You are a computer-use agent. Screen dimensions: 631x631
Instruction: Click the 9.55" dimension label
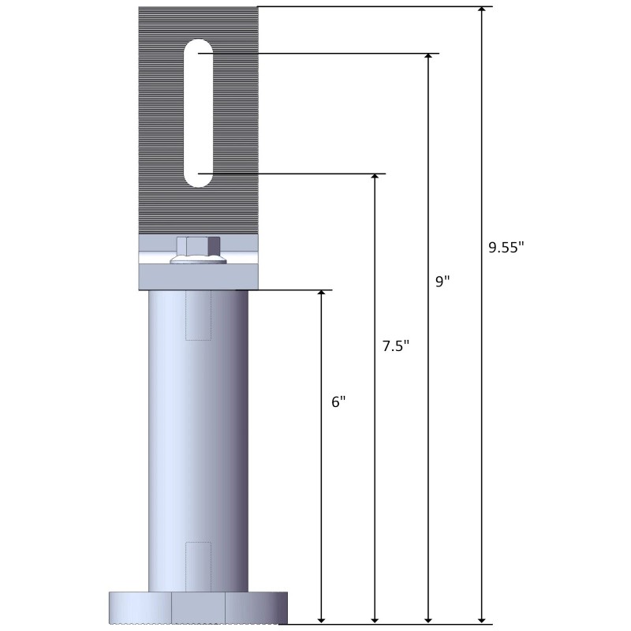(x=506, y=247)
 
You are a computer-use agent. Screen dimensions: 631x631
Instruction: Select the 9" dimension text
(x=442, y=282)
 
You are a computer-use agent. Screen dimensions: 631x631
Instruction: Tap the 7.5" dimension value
(x=395, y=345)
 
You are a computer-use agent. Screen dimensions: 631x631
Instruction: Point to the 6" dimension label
(x=338, y=401)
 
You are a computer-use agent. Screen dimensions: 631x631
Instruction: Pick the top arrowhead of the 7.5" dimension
(x=375, y=179)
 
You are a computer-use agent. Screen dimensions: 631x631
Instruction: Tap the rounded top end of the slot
(x=198, y=49)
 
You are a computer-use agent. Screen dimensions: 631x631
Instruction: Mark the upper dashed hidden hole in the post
(x=198, y=315)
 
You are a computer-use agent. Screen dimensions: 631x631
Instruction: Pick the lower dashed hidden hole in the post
(x=198, y=566)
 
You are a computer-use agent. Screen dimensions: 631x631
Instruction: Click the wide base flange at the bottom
(x=197, y=607)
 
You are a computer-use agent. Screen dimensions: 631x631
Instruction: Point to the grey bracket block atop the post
(x=198, y=277)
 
